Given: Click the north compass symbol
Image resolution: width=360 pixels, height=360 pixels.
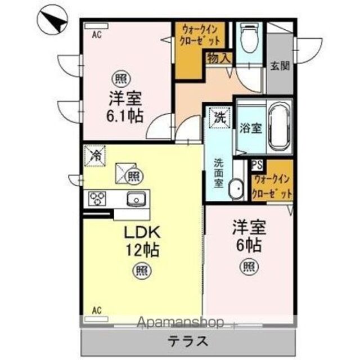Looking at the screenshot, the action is pos(52,20).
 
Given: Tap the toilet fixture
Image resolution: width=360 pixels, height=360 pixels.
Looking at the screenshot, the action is pos(249,38).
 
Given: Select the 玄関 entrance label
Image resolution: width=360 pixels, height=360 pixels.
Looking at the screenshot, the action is pos(280,66).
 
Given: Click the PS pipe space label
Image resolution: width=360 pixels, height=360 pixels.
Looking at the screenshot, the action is pos(257,165).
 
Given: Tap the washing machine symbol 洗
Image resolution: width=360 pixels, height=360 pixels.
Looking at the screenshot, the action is pos(220,118).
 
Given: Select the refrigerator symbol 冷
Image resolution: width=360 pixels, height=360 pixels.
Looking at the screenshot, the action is pos(94,156).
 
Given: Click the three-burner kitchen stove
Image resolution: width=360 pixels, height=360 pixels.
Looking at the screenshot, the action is pos(97,199).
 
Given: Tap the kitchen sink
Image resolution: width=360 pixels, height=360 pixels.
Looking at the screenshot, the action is pos(136,199).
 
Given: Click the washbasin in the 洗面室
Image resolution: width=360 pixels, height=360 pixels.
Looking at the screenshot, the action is pos(236,189).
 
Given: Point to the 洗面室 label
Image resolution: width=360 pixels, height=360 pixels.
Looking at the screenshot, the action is pos(219,173).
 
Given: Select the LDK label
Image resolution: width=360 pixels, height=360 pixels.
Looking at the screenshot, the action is pos(142,232).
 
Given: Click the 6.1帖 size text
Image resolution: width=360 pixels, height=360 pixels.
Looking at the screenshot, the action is pos(124,116).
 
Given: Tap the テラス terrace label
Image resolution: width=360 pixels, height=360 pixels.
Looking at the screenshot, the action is pos(188,341).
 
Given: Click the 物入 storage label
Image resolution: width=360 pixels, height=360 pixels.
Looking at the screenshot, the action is pos(219,58).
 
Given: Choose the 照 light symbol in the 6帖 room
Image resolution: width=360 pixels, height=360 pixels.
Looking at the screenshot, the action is pos(249,267).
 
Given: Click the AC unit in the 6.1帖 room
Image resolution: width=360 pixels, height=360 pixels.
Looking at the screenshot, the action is pos(96,26).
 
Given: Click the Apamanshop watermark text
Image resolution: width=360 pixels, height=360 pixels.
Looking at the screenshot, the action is pos(180,322).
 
